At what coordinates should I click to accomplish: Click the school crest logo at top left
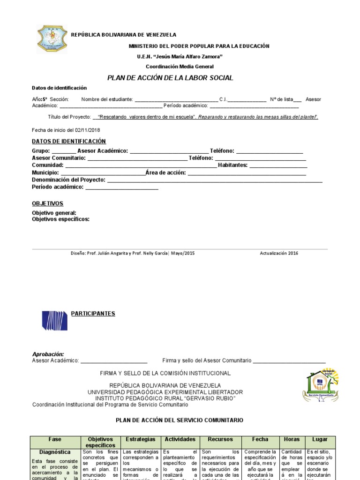(x=52, y=39)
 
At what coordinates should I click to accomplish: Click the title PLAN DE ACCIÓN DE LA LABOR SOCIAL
(x=170, y=78)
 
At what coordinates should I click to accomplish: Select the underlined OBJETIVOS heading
(x=47, y=203)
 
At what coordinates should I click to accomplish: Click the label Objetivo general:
(x=54, y=213)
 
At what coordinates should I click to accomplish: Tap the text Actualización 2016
(x=279, y=253)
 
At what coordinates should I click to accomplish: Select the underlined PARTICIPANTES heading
(x=93, y=314)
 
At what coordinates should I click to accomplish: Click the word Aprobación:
(x=48, y=354)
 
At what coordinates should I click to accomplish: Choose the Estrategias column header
(x=141, y=439)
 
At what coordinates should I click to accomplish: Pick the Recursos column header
(x=220, y=439)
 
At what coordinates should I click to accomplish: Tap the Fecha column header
(x=260, y=439)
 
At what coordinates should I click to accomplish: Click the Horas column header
(x=292, y=439)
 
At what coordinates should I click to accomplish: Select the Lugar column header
(x=320, y=439)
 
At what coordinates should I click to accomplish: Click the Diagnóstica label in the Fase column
(x=55, y=452)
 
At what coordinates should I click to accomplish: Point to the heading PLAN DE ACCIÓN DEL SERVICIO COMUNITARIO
(x=180, y=420)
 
